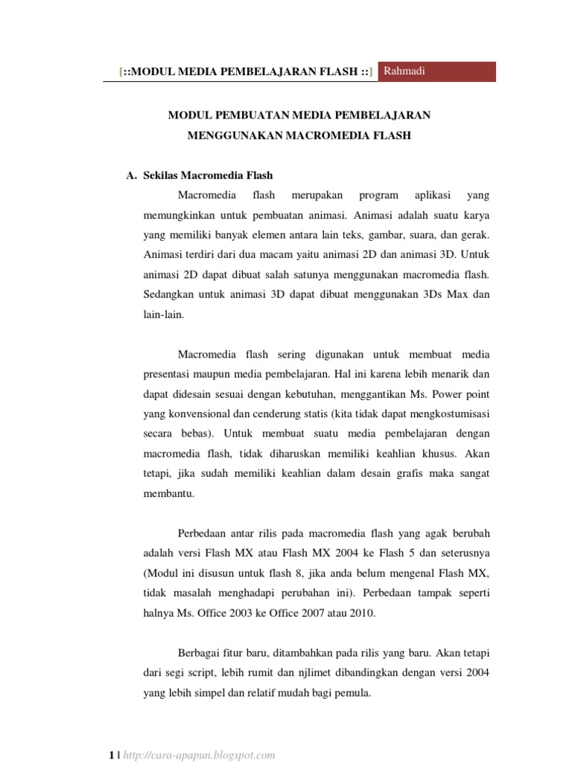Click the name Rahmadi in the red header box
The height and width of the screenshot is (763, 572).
[x=405, y=71]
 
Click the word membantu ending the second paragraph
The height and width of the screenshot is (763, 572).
[x=167, y=494]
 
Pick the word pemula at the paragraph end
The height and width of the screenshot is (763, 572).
[x=353, y=693]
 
